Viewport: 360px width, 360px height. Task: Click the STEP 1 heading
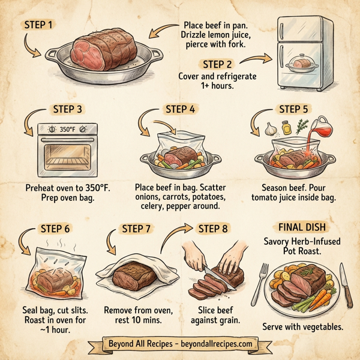tap(37, 25)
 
